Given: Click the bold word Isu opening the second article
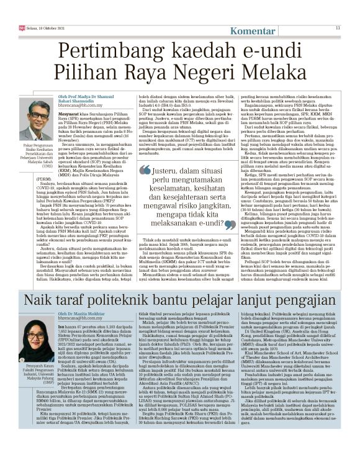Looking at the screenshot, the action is pos(61,327).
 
